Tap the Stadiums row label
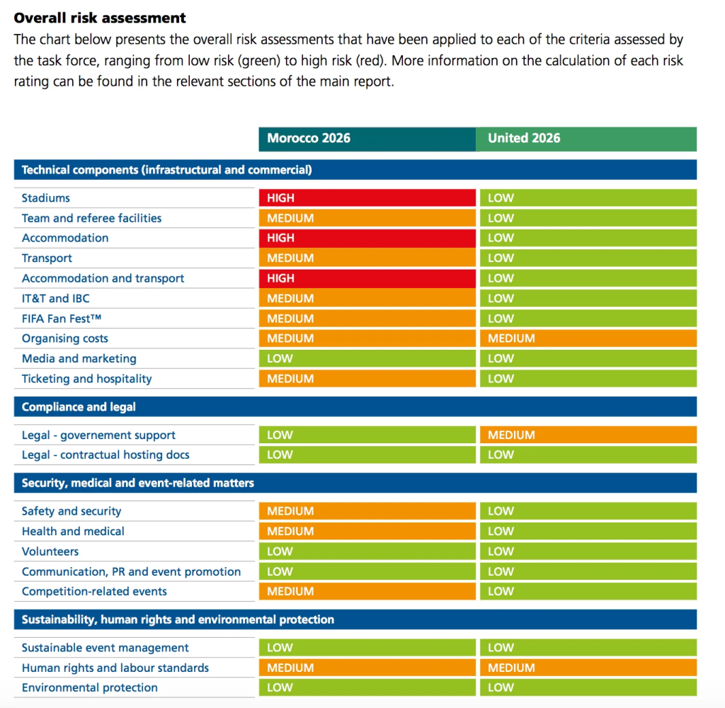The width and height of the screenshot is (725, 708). (x=46, y=198)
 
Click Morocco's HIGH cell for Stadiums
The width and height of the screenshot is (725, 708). (x=367, y=198)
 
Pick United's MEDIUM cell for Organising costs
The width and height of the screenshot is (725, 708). (x=588, y=338)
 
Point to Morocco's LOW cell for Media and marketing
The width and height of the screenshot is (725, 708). (x=367, y=358)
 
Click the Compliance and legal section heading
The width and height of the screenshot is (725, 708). (x=79, y=407)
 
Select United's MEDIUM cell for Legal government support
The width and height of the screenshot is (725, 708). (x=588, y=435)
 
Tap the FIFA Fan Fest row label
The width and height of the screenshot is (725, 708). (x=62, y=319)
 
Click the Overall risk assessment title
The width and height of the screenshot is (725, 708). (x=100, y=18)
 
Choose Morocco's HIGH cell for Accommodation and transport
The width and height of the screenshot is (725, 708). (x=367, y=278)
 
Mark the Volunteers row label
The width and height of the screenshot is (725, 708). (x=50, y=552)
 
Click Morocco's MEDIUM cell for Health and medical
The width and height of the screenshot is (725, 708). (x=367, y=531)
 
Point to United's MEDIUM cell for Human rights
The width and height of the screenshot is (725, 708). (x=588, y=668)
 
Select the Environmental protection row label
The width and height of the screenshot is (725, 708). (x=90, y=687)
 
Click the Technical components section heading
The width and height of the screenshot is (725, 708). (x=167, y=170)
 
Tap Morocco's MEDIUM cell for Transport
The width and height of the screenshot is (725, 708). (x=367, y=258)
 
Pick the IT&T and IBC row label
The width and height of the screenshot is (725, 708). (x=55, y=298)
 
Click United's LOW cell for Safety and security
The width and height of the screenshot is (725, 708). (x=588, y=511)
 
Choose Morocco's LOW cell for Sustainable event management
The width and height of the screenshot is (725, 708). (x=367, y=647)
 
